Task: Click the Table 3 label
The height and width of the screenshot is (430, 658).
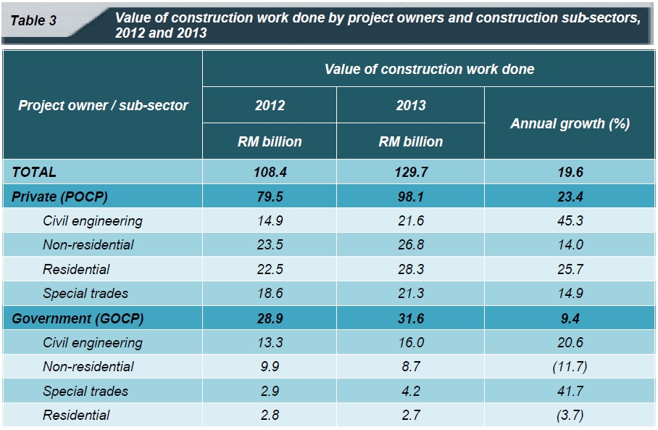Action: pyautogui.click(x=33, y=20)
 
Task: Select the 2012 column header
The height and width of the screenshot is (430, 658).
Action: pyautogui.click(x=270, y=105)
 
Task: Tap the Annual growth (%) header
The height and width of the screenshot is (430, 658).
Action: pyautogui.click(x=570, y=123)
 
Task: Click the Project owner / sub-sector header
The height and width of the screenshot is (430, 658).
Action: pyautogui.click(x=103, y=105)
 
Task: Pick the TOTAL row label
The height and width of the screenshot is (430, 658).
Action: pyautogui.click(x=34, y=172)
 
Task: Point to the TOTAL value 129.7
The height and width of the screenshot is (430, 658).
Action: pyautogui.click(x=410, y=172)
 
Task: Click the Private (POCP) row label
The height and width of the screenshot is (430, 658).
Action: pyautogui.click(x=63, y=197)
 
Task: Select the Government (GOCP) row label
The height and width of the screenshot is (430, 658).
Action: pyautogui.click(x=78, y=318)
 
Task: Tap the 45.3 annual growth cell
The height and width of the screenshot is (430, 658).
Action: pyautogui.click(x=570, y=220)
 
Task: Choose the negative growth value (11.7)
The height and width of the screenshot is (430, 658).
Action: pyautogui.click(x=570, y=367)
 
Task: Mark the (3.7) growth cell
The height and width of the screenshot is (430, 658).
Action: pyautogui.click(x=570, y=415)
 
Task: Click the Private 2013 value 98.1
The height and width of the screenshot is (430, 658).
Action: pyautogui.click(x=410, y=197)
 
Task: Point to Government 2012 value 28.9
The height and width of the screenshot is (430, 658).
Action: pyautogui.click(x=270, y=318)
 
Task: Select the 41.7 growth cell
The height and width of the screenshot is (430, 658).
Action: pyautogui.click(x=570, y=391)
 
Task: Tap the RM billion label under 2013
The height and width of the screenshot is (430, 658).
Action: pyautogui.click(x=410, y=141)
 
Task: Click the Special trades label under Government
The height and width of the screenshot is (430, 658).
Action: pyautogui.click(x=86, y=391)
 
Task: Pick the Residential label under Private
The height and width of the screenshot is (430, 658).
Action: pyautogui.click(x=76, y=269)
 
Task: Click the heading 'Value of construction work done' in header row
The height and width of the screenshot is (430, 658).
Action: pyautogui.click(x=429, y=70)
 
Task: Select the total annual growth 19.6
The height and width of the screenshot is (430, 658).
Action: pyautogui.click(x=570, y=172)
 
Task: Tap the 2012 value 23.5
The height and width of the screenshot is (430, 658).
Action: pyautogui.click(x=270, y=244)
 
